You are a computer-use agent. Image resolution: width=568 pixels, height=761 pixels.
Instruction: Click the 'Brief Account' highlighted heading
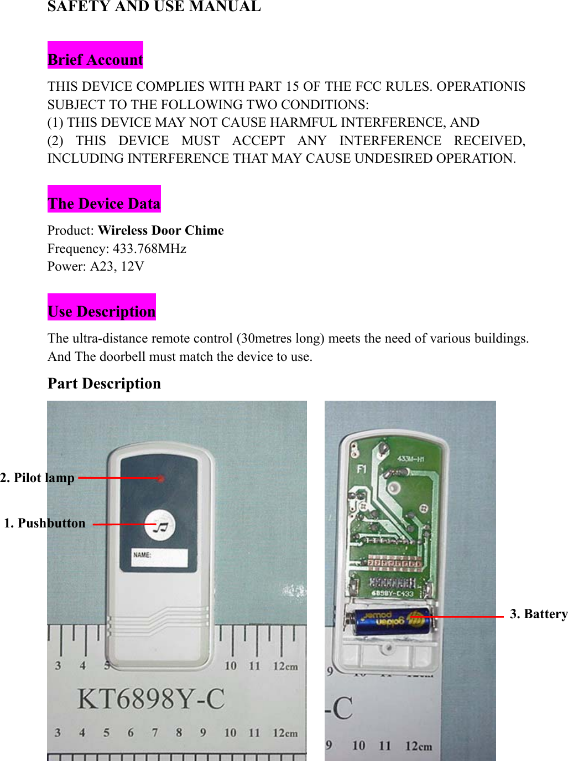[95, 60]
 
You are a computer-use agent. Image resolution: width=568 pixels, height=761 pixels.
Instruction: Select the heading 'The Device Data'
[104, 204]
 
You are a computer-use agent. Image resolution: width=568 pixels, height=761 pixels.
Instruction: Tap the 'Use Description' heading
[102, 312]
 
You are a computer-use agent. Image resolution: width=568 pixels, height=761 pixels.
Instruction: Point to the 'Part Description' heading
[104, 384]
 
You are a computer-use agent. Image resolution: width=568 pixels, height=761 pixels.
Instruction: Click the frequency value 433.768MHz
[149, 249]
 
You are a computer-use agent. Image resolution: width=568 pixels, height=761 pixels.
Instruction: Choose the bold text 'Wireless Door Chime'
[161, 230]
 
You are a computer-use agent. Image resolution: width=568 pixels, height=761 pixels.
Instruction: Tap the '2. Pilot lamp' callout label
[38, 478]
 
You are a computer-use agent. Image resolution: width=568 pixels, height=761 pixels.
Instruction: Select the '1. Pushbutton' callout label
[45, 523]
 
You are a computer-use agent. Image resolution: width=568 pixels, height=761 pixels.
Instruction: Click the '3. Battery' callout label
[538, 614]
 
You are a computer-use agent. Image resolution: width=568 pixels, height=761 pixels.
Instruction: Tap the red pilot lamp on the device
[161, 478]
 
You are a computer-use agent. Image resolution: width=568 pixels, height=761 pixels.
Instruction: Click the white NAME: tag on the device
[159, 558]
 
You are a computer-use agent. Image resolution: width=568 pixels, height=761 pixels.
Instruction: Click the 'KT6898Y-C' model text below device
[150, 698]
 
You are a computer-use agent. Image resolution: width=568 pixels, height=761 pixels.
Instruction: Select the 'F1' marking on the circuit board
[361, 469]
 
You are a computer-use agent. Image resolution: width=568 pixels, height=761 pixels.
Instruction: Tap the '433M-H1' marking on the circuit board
[410, 459]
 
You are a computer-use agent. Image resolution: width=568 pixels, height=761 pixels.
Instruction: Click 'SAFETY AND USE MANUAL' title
[154, 7]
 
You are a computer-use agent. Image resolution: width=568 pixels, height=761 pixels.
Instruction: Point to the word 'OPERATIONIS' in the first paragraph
[481, 86]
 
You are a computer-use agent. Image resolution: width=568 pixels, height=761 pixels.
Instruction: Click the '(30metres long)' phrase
[280, 338]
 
